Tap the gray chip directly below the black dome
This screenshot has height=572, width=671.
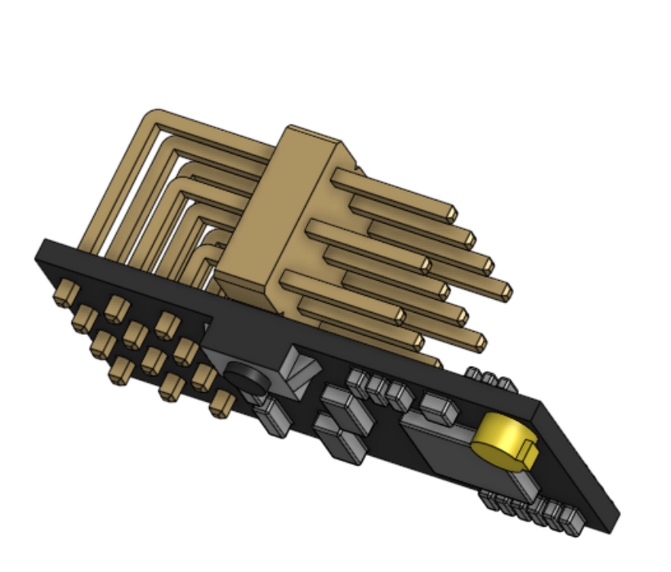(x=270, y=418)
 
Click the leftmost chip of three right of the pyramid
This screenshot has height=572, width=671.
(x=358, y=381)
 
